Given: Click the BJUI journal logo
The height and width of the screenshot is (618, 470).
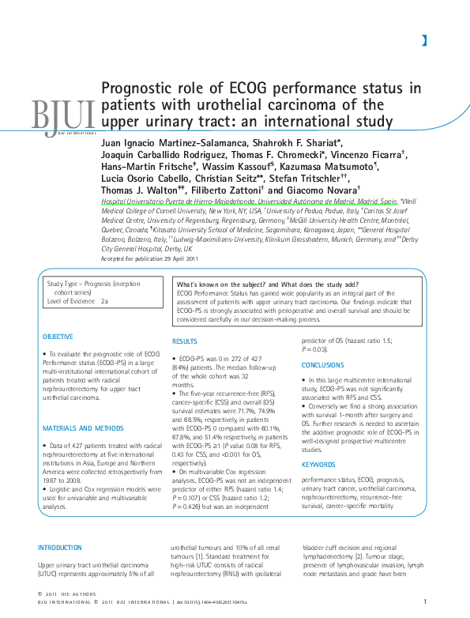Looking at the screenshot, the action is point(62,115).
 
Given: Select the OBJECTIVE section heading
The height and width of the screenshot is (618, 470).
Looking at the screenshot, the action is point(57,336).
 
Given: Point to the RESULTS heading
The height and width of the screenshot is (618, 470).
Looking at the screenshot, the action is point(185,341).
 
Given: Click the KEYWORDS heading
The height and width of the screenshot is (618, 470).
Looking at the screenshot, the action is point(319,442).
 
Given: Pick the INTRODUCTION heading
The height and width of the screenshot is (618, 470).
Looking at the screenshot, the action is point(60,547).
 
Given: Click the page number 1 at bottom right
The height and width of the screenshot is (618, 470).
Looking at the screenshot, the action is point(425,603).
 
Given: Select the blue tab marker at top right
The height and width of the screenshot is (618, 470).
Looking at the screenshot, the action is point(424,40).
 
